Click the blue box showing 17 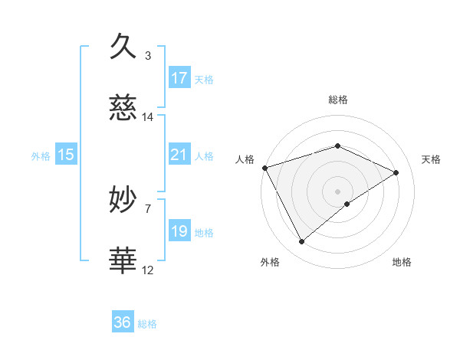[x=179, y=77]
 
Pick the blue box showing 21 [x=179, y=155]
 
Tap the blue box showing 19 [x=179, y=231]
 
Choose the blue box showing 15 [x=66, y=155]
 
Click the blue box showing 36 [x=123, y=322]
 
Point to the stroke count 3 [x=148, y=55]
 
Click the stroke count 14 [x=148, y=117]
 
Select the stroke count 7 [x=148, y=208]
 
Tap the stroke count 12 [x=148, y=270]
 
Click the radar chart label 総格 [x=337, y=100]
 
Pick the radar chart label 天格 [x=432, y=159]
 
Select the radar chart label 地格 [x=402, y=262]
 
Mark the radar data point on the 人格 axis [x=264, y=168]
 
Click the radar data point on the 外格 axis [x=301, y=242]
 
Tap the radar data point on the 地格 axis [x=347, y=204]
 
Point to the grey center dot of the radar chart [x=337, y=191]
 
